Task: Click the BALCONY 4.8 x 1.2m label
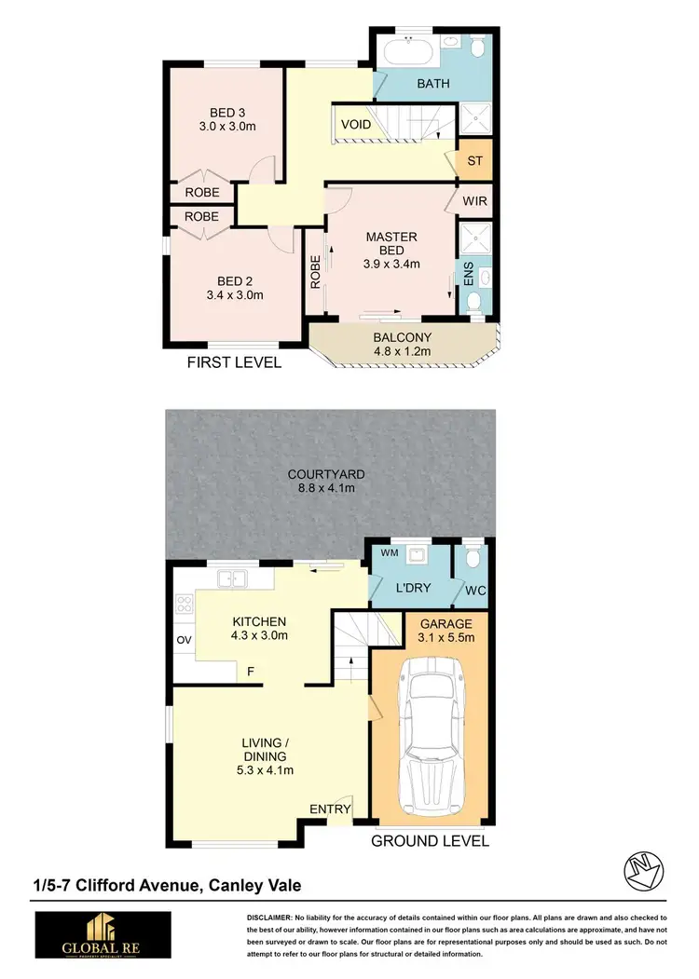click(x=402, y=345)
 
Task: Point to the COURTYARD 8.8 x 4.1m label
click(x=321, y=481)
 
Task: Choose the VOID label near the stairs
click(x=356, y=125)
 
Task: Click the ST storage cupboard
click(x=474, y=161)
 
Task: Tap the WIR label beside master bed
click(x=474, y=200)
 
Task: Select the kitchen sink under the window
click(x=232, y=579)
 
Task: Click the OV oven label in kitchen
click(x=183, y=640)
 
